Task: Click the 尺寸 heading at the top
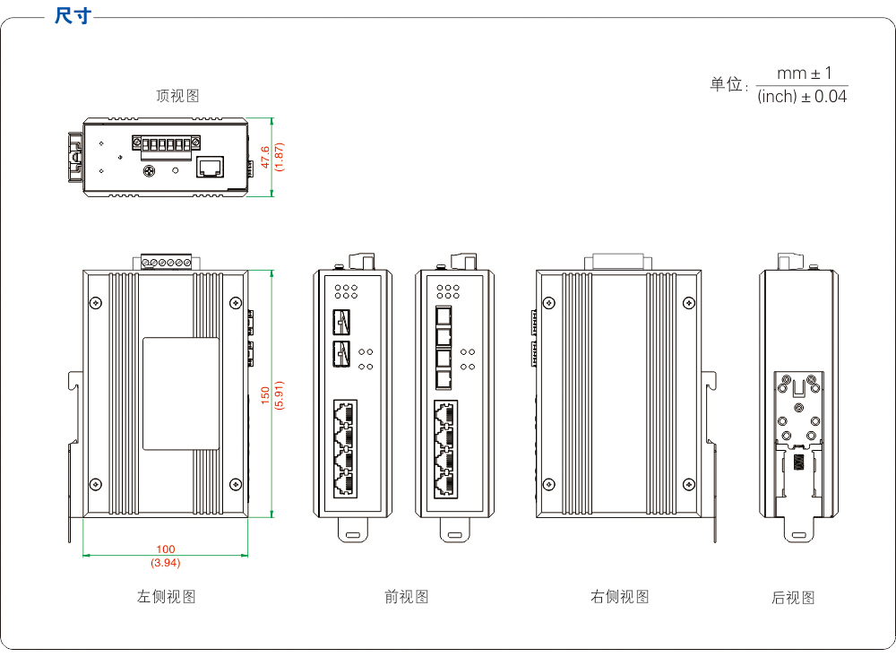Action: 73,16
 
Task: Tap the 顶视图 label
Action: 177,96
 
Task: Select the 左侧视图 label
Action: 167,596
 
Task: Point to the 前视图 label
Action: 406,596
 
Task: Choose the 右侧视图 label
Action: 620,596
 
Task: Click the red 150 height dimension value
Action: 265,395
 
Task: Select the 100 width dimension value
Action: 166,549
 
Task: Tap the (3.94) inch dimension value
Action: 166,563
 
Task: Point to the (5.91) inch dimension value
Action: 279,395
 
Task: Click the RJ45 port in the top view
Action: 211,167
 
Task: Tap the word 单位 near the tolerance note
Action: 727,85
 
